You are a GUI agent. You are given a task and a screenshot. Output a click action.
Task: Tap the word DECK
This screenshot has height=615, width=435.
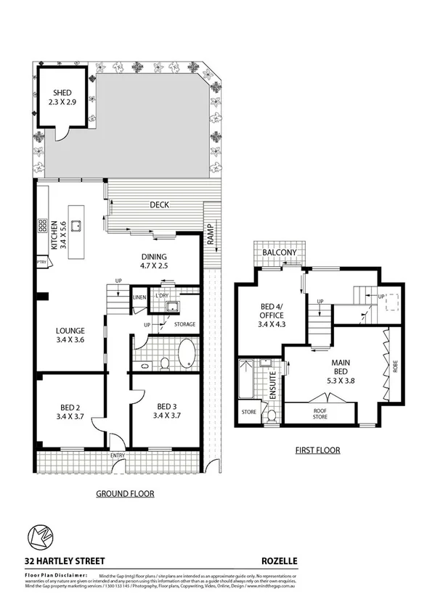[159, 205]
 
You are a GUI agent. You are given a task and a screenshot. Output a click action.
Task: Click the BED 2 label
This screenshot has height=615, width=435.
[71, 411]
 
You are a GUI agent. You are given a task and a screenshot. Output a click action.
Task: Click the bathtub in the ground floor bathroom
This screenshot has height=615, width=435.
[186, 354]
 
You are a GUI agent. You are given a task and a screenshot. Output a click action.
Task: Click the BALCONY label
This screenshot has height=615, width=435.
[280, 252]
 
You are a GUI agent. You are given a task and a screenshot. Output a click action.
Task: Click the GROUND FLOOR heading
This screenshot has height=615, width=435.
[125, 494]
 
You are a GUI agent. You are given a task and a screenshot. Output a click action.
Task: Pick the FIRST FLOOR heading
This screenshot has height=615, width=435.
[317, 450]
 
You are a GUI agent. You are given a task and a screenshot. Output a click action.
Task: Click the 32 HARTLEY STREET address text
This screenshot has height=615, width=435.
[65, 561]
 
